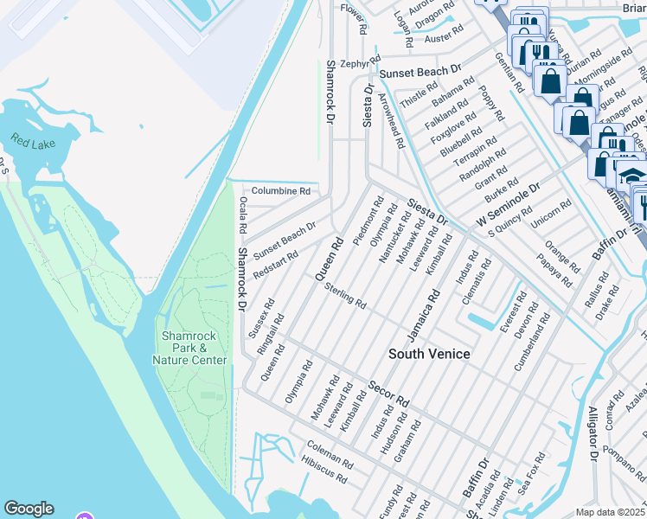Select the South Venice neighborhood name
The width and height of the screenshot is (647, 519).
point(429,354)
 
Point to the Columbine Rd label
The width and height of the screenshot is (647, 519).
point(280,190)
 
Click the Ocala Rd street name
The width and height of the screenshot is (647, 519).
point(244,215)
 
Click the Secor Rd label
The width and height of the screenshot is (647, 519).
point(388,394)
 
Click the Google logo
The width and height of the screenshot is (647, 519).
point(29,509)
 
